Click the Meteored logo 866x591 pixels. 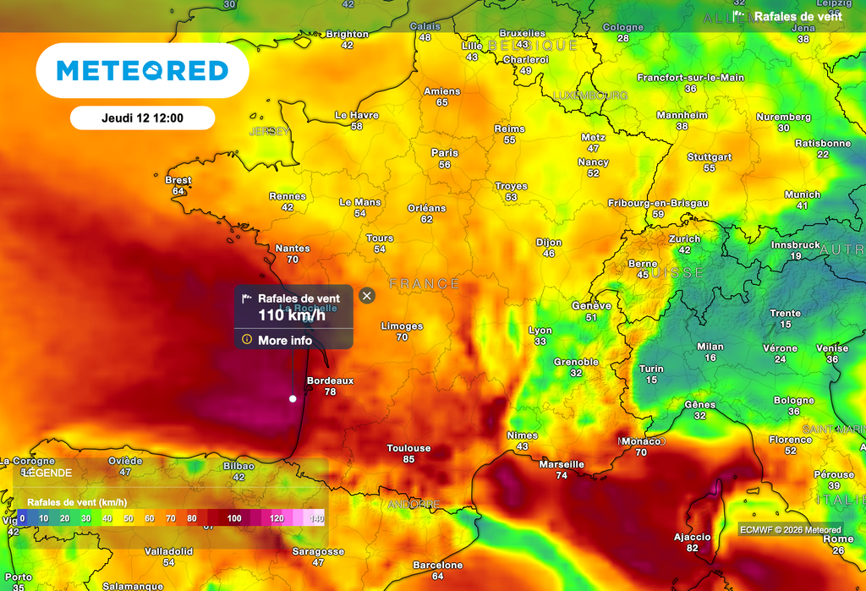tap(142, 71)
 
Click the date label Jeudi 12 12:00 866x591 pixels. tap(142, 118)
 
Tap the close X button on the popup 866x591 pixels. tap(366, 295)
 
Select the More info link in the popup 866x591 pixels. tap(284, 340)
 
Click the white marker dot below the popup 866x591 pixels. tap(293, 398)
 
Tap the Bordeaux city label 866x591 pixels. tap(330, 380)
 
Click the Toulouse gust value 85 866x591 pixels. tap(408, 459)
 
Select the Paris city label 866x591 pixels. tap(445, 153)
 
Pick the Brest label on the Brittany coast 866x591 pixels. tap(178, 180)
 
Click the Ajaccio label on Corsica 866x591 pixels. tap(693, 537)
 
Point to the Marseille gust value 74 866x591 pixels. tap(562, 475)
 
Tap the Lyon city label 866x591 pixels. tap(540, 331)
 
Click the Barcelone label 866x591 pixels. tap(437, 565)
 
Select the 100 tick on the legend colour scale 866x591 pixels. tap(233, 517)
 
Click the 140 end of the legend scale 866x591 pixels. tap(316, 517)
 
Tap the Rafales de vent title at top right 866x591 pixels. tap(797, 16)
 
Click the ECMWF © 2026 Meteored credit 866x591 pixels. tap(779, 529)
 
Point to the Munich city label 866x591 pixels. tap(802, 194)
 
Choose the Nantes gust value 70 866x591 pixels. tap(293, 260)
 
